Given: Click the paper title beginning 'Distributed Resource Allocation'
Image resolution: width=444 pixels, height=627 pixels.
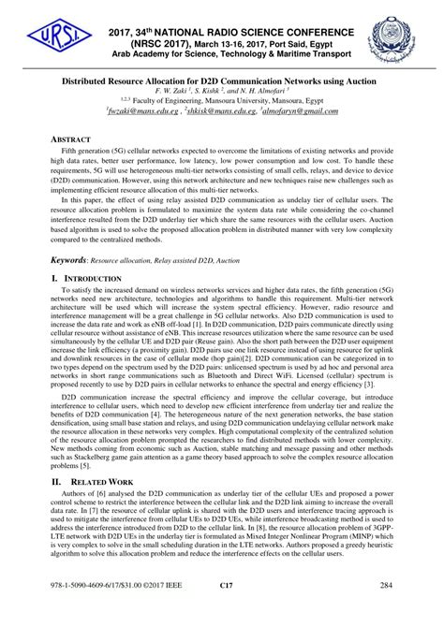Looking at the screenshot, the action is [222, 80].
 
